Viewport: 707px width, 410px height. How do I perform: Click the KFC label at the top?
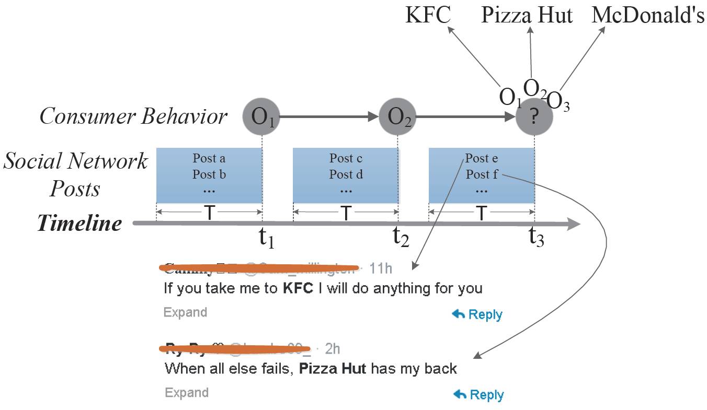point(427,15)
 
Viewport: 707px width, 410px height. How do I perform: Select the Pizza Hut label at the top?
point(527,15)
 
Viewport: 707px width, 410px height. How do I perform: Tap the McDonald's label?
point(648,15)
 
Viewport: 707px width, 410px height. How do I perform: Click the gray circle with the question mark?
point(534,117)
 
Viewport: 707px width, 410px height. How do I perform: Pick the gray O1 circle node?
point(261,116)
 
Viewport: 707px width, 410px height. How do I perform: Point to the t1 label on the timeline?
point(266,238)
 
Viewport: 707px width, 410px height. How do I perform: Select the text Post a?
point(209,158)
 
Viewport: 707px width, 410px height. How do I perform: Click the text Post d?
point(346,174)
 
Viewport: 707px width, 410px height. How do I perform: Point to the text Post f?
point(482,174)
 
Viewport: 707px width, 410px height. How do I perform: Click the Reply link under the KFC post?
point(477,314)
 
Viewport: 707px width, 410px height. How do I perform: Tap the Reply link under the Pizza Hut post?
point(478,395)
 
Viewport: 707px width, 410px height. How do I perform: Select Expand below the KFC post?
point(185,312)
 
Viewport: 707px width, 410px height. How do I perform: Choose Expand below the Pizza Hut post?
point(186,393)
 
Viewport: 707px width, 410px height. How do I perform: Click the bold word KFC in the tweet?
point(298,288)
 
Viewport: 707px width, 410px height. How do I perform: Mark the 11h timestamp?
point(380,268)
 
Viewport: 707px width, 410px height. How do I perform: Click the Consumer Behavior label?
point(133,116)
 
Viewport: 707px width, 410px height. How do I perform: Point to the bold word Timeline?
point(79,224)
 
